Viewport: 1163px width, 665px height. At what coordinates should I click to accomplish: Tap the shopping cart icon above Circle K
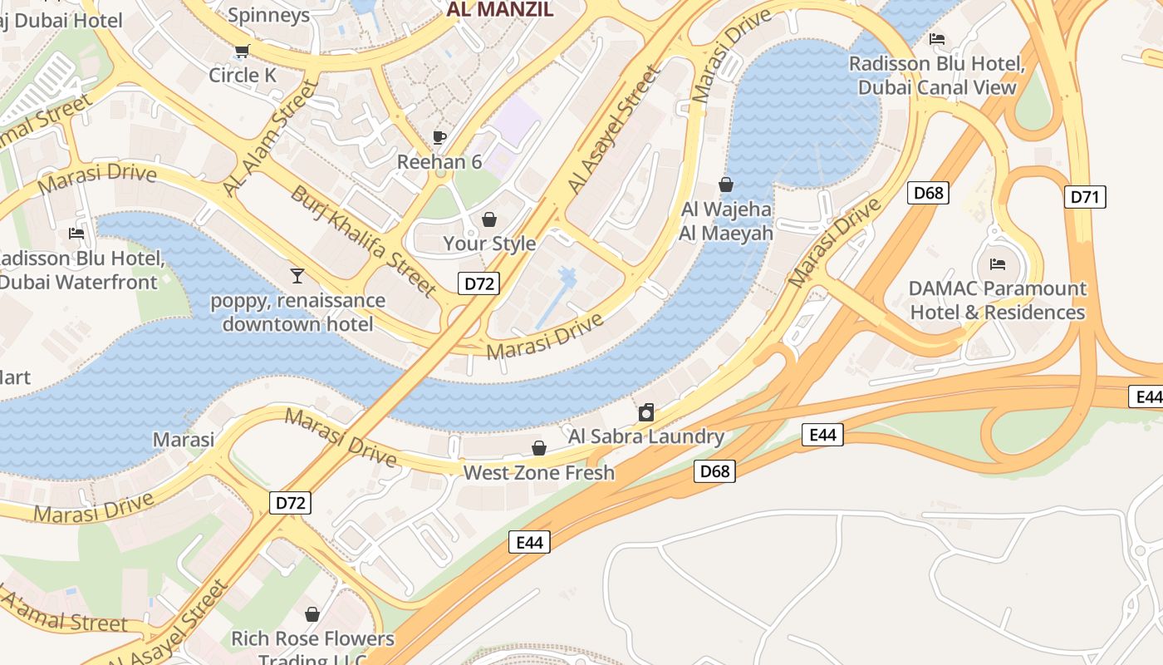(243, 52)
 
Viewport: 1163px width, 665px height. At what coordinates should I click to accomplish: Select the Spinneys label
(268, 15)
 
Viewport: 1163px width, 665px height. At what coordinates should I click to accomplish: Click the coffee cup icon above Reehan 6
(439, 137)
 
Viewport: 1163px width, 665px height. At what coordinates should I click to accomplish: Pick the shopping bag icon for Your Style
(489, 219)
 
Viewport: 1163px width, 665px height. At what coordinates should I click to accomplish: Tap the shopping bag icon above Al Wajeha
(726, 185)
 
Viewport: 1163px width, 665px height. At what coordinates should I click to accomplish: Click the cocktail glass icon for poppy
(297, 275)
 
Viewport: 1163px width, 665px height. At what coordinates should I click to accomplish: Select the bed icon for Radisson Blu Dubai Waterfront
(76, 234)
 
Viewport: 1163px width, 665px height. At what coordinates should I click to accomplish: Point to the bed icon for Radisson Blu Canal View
(937, 39)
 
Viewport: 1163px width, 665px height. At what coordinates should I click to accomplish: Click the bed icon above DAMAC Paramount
(998, 264)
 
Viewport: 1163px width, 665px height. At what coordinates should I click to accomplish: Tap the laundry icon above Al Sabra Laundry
(646, 412)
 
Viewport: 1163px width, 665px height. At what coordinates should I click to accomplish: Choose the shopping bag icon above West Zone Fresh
(539, 449)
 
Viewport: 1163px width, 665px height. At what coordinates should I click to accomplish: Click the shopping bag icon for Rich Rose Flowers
(312, 614)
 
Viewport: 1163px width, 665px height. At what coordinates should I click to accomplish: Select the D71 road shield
(1085, 197)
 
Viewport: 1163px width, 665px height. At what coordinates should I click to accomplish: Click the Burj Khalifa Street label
(362, 241)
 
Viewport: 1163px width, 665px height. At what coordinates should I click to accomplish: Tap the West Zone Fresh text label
(538, 473)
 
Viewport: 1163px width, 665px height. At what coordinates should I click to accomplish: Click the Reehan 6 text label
(439, 161)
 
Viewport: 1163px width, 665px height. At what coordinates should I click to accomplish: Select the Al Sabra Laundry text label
(646, 436)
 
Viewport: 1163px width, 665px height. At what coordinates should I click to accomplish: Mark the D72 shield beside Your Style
(478, 283)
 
